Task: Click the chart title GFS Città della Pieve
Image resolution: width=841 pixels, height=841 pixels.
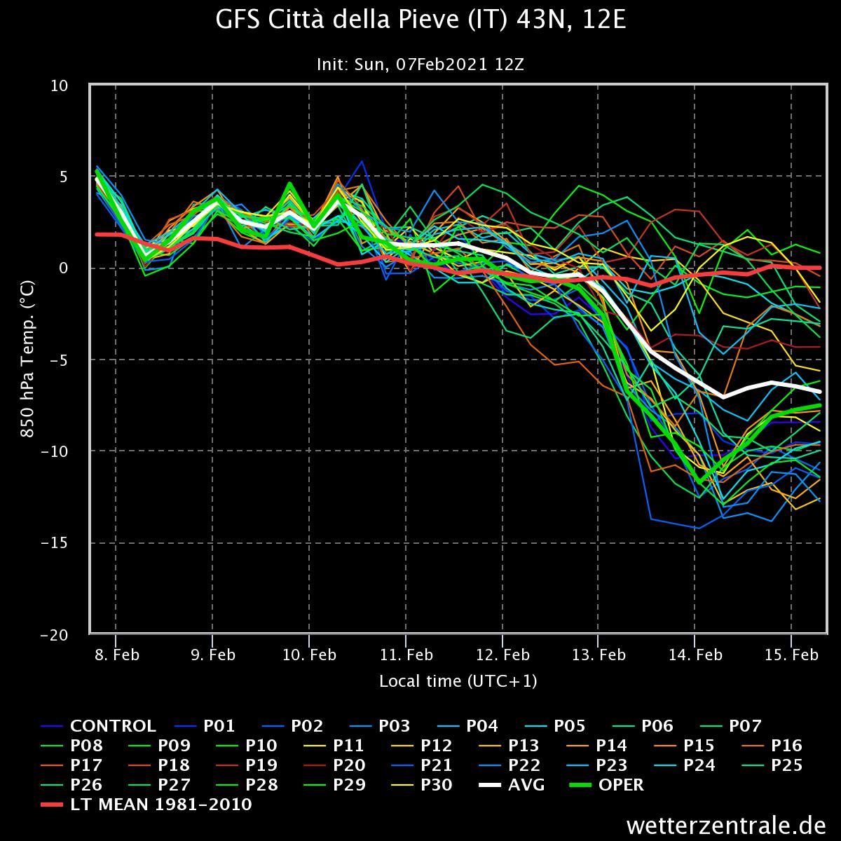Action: [x=420, y=20]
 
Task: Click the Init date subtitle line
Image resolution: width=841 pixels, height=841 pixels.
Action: [x=420, y=64]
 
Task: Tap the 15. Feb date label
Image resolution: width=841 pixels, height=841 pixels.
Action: [x=791, y=655]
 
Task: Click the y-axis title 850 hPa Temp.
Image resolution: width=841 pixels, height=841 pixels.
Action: [x=27, y=360]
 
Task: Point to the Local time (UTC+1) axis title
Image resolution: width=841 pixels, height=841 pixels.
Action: [x=458, y=681]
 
